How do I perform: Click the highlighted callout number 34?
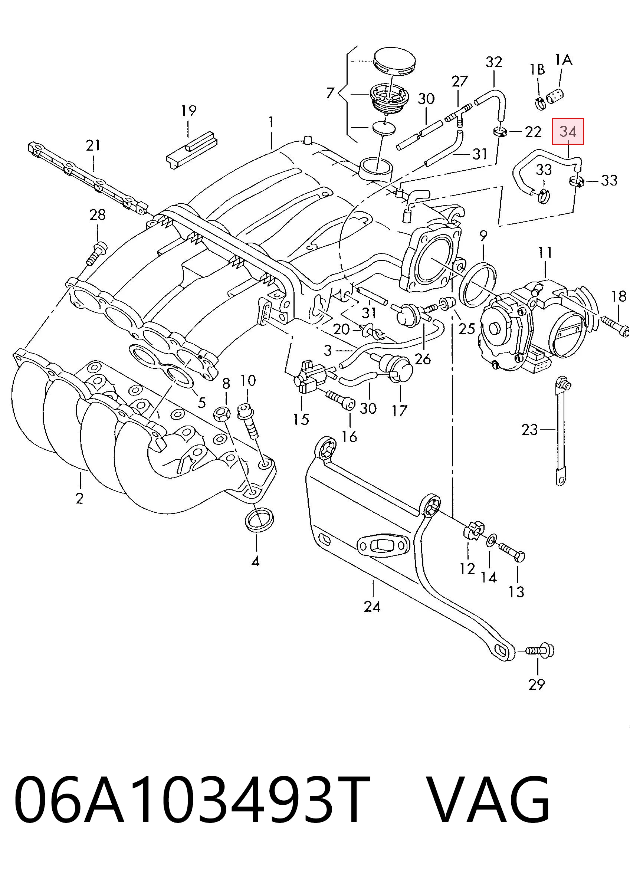point(568,131)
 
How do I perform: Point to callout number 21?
point(93,145)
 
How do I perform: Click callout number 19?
point(188,111)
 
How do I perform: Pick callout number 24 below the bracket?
point(372,607)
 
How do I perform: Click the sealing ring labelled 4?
point(259,520)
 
